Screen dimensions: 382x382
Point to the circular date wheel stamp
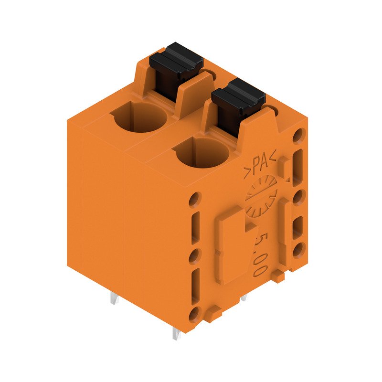(261, 195)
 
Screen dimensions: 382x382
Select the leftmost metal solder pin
(114, 299)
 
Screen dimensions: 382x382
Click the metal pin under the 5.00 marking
(244, 298)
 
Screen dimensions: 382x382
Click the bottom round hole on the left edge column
(194, 314)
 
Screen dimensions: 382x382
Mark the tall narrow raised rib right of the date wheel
(284, 224)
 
